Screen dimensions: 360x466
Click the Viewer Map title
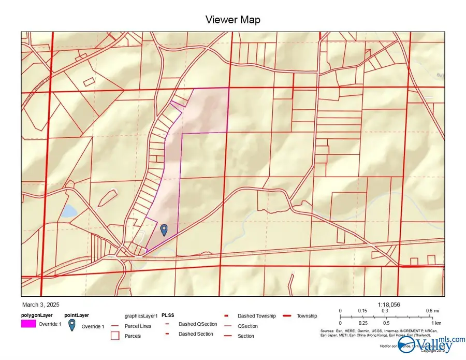click(232, 20)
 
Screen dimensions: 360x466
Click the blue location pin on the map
click(164, 229)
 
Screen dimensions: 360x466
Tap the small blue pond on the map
click(68, 211)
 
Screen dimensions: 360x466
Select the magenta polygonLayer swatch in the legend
click(28, 324)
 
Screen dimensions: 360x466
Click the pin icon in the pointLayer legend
click(72, 325)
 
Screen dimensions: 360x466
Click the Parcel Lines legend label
click(138, 326)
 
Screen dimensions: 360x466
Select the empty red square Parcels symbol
click(115, 336)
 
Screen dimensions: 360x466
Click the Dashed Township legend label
click(256, 316)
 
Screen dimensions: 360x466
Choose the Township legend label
click(307, 316)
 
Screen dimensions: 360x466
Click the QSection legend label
click(247, 326)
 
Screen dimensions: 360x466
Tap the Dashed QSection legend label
click(197, 324)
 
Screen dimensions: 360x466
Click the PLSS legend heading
click(167, 315)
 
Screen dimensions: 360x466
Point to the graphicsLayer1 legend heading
click(141, 315)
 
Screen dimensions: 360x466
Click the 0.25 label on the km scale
click(363, 323)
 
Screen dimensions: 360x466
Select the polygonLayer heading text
click(37, 315)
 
